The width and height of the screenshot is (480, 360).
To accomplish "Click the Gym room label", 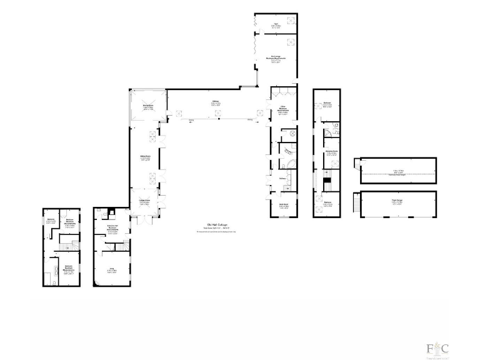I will pyautogui.click(x=275, y=26).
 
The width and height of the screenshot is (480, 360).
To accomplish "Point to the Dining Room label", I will pyautogui.click(x=148, y=108).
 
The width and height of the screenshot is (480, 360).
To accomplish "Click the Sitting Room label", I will pyautogui.click(x=145, y=158).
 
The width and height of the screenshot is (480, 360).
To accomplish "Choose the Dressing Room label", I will pyautogui.click(x=327, y=151).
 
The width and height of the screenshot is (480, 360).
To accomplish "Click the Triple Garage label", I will pyautogui.click(x=396, y=202).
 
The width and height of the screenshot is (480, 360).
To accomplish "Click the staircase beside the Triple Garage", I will pyautogui.click(x=357, y=202).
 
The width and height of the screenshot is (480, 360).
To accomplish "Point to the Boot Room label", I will pyautogui.click(x=282, y=204).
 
